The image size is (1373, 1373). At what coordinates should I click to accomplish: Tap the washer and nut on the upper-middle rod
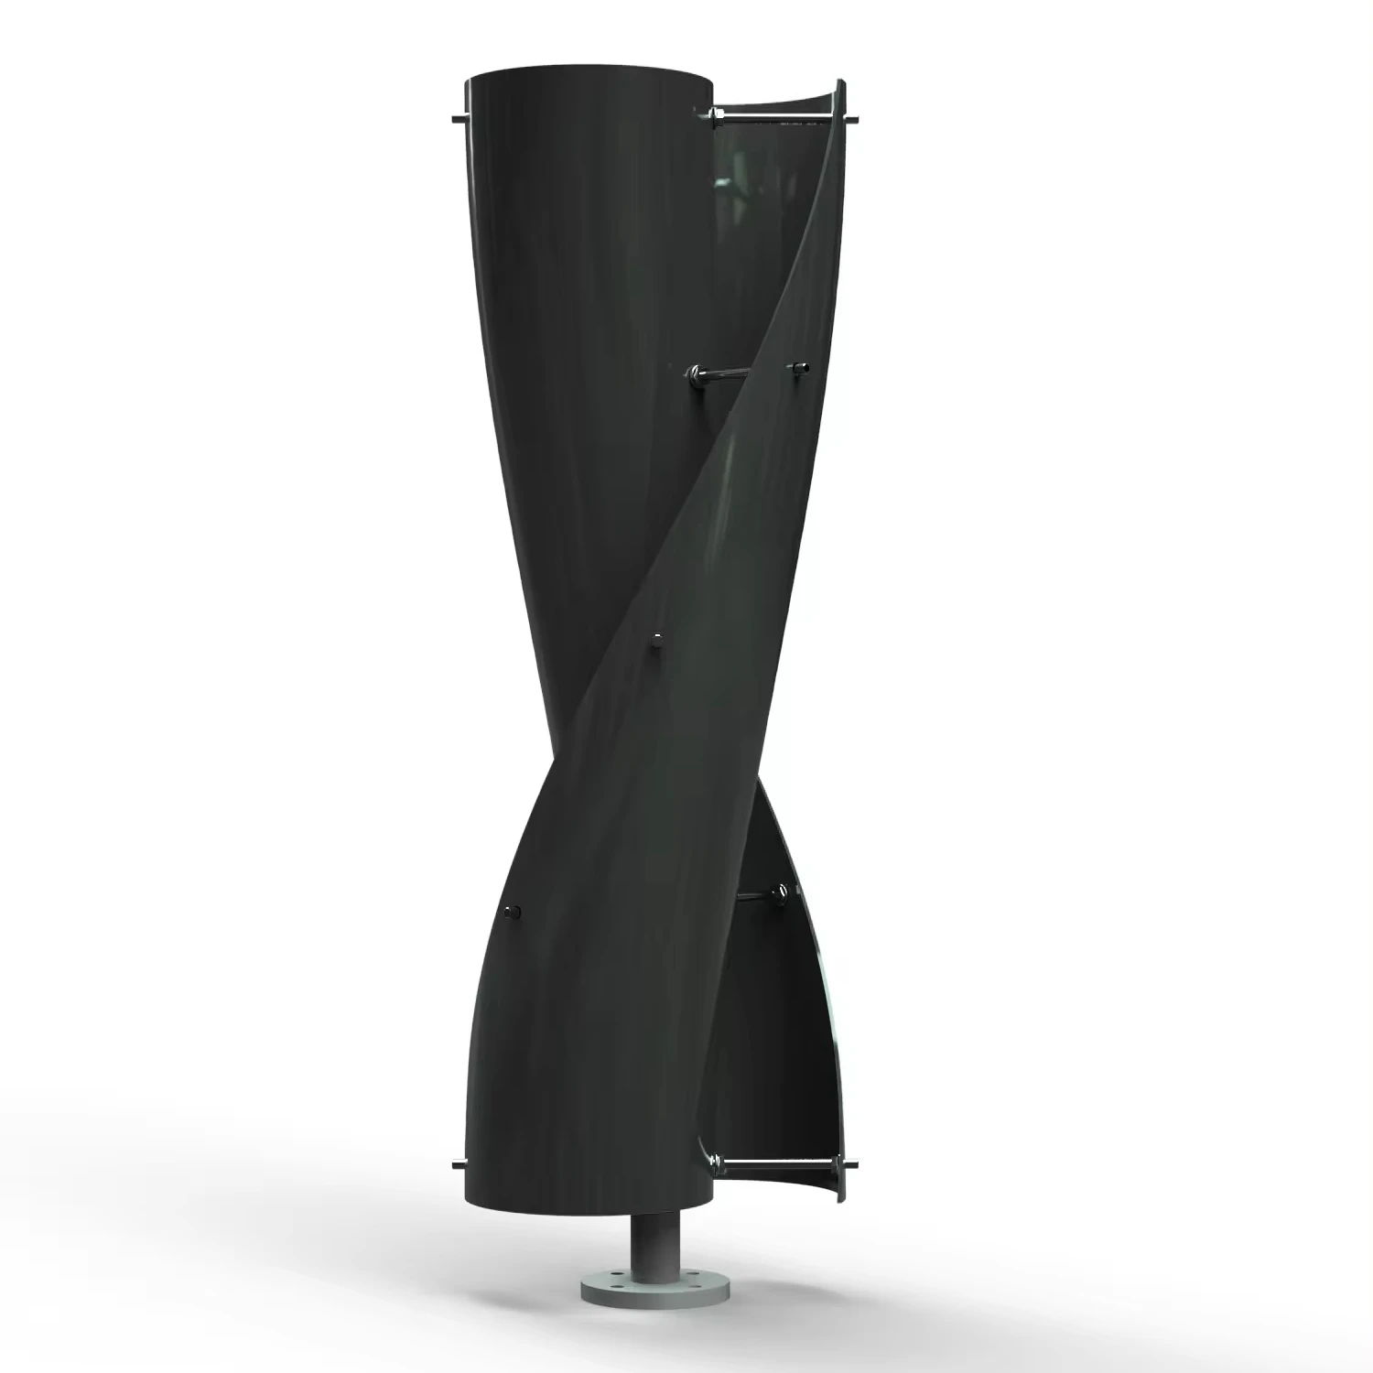pos(696,371)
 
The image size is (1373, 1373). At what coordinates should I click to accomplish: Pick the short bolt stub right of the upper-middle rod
pos(802,366)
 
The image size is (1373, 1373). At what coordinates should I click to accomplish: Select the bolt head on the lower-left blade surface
pos(514,911)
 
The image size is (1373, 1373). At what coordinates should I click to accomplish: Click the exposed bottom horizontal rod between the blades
pos(778,1163)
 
